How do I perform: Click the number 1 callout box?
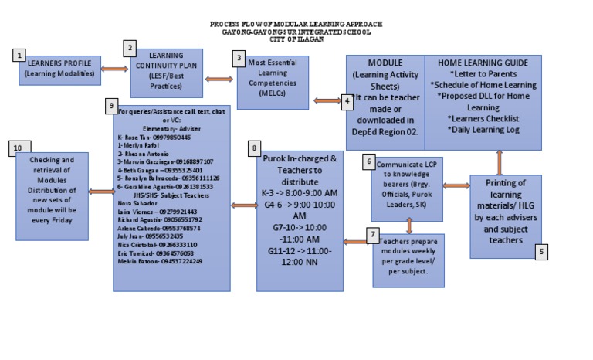[x=19, y=55]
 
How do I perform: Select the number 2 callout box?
[x=131, y=48]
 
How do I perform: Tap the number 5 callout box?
[x=541, y=251]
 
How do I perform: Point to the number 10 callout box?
[x=19, y=148]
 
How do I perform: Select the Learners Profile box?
[x=59, y=70]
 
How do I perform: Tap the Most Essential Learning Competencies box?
[x=273, y=81]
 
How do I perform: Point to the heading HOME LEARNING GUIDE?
[x=483, y=63]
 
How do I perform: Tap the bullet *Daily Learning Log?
[x=483, y=130]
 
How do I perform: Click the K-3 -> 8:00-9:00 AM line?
[x=300, y=192]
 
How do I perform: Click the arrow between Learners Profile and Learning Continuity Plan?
[x=114, y=70]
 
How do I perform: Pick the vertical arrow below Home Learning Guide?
[x=499, y=161]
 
